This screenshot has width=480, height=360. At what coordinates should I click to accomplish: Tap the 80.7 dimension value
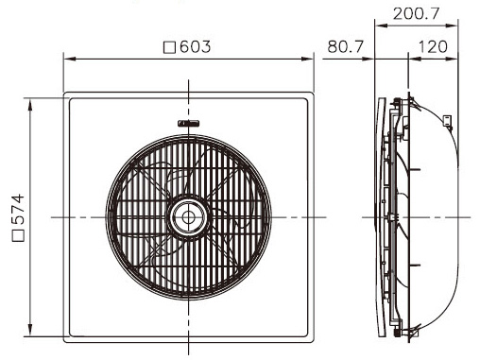coord(347,43)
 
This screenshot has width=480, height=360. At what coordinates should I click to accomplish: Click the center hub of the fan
coord(188,217)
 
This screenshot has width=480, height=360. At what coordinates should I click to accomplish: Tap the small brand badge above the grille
coord(188,121)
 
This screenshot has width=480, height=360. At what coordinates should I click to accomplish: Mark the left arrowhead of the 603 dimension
coord(67,59)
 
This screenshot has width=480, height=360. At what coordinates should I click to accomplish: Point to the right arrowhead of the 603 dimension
coord(310,59)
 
